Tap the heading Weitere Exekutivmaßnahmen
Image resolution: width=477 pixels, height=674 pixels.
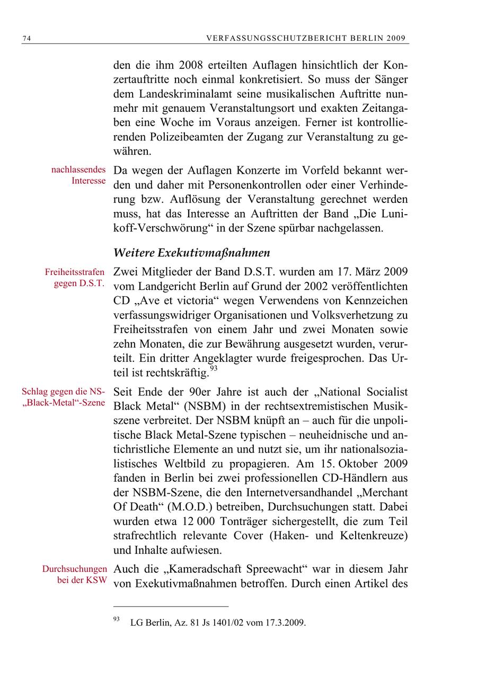pyautogui.click(x=192, y=252)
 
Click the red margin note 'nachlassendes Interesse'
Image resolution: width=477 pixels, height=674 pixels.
pyautogui.click(x=78, y=175)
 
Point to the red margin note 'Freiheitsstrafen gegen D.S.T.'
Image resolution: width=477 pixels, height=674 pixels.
pyautogui.click(x=75, y=278)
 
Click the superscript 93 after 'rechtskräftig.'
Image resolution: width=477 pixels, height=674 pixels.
pyautogui.click(x=214, y=369)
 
